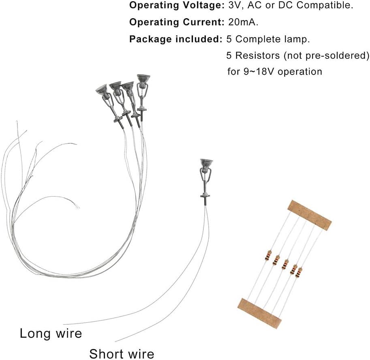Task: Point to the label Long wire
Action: pyautogui.click(x=51, y=334)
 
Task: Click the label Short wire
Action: pyautogui.click(x=122, y=354)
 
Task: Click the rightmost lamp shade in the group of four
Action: pyautogui.click(x=143, y=78)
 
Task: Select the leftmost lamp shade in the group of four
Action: pyautogui.click(x=101, y=89)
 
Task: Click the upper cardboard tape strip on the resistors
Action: pyautogui.click(x=309, y=213)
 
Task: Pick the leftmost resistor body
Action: pyautogui.click(x=268, y=255)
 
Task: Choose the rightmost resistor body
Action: pyautogui.click(x=299, y=273)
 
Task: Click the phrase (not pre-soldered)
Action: pyautogui.click(x=326, y=55)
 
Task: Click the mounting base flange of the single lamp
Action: pyautogui.click(x=205, y=196)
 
